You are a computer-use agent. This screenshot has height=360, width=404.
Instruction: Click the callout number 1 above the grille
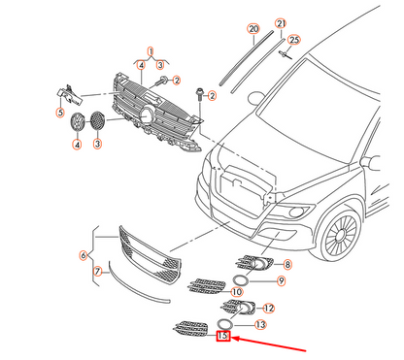point(151,51)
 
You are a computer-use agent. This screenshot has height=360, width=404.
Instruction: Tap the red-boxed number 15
point(223,336)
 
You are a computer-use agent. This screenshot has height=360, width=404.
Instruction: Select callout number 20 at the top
point(253,29)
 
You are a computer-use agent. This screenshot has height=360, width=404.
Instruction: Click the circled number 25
point(294,40)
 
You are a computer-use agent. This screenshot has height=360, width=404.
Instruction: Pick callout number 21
point(281,23)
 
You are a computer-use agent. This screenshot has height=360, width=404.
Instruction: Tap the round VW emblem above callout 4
point(78,122)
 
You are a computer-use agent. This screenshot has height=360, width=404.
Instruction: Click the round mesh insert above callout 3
point(97,120)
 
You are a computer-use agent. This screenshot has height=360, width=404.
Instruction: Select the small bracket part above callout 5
point(70,95)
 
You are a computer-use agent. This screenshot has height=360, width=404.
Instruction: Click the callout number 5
point(60,113)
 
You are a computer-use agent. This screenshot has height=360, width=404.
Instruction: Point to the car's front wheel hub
point(340,235)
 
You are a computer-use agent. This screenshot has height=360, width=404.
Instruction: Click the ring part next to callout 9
point(241,279)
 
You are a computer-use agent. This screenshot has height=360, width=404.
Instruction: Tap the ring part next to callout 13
point(224,323)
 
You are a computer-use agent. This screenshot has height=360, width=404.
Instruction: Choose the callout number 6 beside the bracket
point(84,255)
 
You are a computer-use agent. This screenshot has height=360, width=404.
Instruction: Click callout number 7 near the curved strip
point(98,271)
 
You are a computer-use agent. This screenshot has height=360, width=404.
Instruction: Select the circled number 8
point(287,265)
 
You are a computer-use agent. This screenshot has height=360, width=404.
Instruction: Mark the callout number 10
point(237,292)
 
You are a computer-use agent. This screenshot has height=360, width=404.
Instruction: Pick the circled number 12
point(269,309)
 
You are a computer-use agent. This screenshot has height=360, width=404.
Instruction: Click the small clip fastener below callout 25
point(286,54)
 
